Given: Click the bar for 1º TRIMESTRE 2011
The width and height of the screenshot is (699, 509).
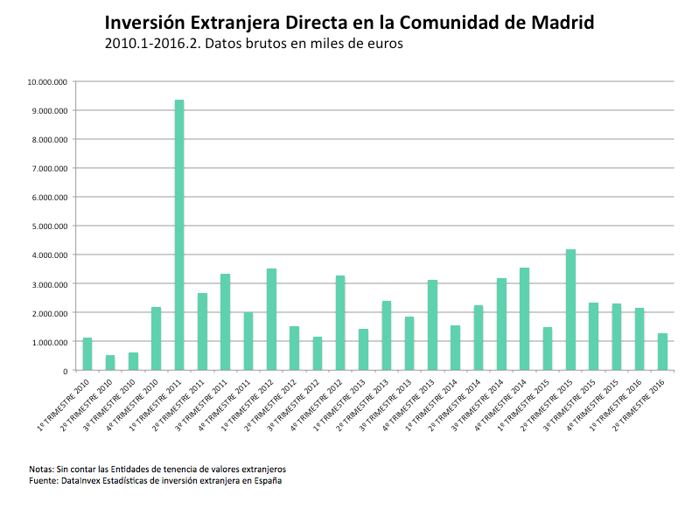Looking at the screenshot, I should pos(179,235).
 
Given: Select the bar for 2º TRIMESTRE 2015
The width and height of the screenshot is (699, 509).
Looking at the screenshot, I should pos(571,310).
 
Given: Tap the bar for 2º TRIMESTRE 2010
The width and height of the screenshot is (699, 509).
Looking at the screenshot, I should pos(110,363).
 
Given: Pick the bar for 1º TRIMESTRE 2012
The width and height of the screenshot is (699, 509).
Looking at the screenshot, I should pos(271,319).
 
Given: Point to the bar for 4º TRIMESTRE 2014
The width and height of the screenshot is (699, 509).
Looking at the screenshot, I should pos(525,318).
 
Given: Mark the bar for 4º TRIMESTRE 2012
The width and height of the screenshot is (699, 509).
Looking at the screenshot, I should pos(340,323).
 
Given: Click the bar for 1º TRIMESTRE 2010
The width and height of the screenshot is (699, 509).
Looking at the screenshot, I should pos(87,354).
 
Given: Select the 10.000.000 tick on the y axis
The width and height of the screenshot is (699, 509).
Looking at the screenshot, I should pos(48,81).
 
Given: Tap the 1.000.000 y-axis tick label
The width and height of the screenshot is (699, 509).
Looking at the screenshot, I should pos(51,342).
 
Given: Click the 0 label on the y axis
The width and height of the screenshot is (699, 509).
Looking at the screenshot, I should pos(66,371).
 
